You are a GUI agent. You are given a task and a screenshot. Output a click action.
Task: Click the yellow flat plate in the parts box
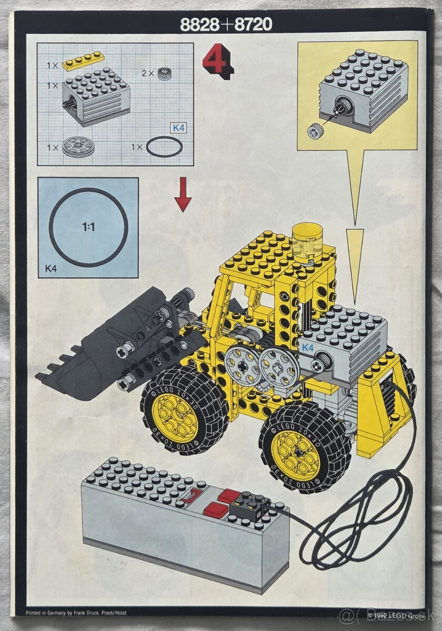[x=83, y=61]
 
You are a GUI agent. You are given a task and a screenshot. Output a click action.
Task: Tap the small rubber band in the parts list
[x=164, y=147]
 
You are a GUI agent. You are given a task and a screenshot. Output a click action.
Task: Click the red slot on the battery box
[x=193, y=495]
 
